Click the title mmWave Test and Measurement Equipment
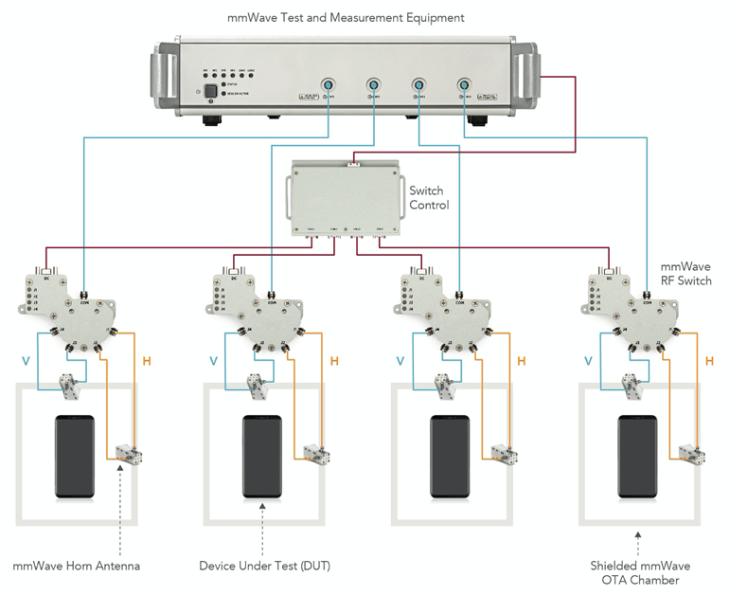[346, 17]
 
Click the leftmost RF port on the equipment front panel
[327, 86]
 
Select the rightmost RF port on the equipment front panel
[464, 86]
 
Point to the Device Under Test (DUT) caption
[265, 567]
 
